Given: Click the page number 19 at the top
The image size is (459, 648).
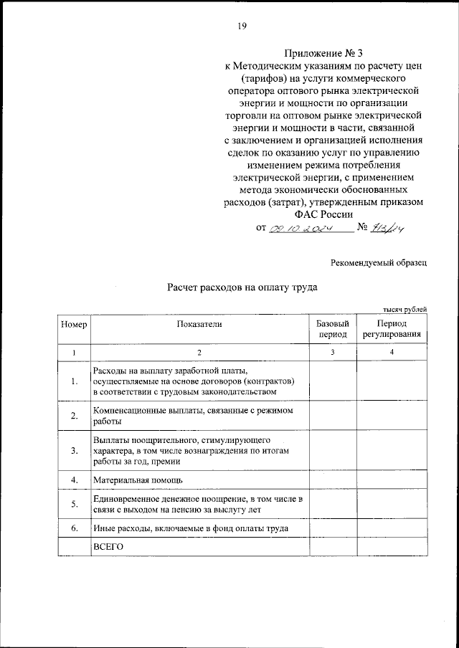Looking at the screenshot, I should (x=242, y=27).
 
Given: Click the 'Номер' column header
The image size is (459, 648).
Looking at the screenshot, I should (x=74, y=325).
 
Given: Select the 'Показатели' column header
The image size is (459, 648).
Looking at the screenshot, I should (x=200, y=325).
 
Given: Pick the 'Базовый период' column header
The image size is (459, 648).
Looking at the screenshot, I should (x=332, y=329).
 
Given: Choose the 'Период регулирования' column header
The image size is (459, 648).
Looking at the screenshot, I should (x=393, y=329).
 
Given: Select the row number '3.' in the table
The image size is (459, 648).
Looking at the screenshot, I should (x=74, y=451).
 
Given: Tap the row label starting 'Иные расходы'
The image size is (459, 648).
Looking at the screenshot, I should (x=191, y=528).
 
